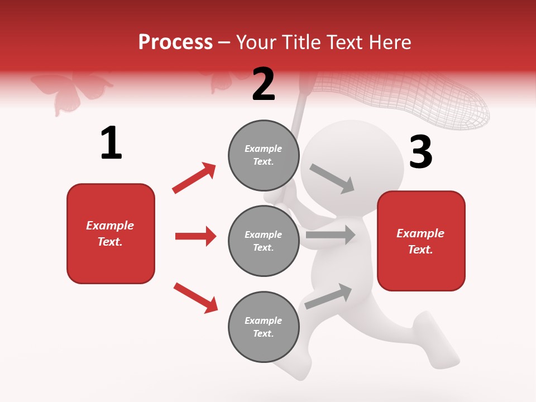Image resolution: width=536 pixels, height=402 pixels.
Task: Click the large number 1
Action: pyautogui.click(x=111, y=143)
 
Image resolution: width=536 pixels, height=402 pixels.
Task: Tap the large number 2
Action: pyautogui.click(x=264, y=85)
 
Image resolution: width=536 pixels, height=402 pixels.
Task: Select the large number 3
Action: pyautogui.click(x=421, y=152)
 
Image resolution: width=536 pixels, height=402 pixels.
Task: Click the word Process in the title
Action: pyautogui.click(x=175, y=42)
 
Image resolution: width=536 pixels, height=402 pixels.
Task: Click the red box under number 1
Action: pyautogui.click(x=111, y=233)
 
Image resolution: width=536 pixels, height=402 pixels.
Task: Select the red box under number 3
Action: pyautogui.click(x=421, y=241)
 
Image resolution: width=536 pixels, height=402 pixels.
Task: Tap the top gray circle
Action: pyautogui.click(x=264, y=155)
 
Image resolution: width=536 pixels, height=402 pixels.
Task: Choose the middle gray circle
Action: pyautogui.click(x=264, y=241)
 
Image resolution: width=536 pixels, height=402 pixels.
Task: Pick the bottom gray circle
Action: pyautogui.click(x=264, y=327)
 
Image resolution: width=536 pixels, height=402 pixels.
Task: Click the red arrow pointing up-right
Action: pyautogui.click(x=194, y=178)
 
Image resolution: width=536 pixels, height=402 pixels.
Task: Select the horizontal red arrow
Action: pyautogui.click(x=195, y=236)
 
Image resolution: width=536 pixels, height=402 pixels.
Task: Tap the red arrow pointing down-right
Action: pyautogui.click(x=195, y=298)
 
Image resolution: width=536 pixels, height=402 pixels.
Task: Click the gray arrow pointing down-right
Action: pyautogui.click(x=332, y=179)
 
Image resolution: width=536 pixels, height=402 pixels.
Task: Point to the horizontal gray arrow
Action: pyautogui.click(x=331, y=235)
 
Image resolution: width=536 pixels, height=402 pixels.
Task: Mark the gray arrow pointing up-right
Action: pyautogui.click(x=328, y=296)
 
